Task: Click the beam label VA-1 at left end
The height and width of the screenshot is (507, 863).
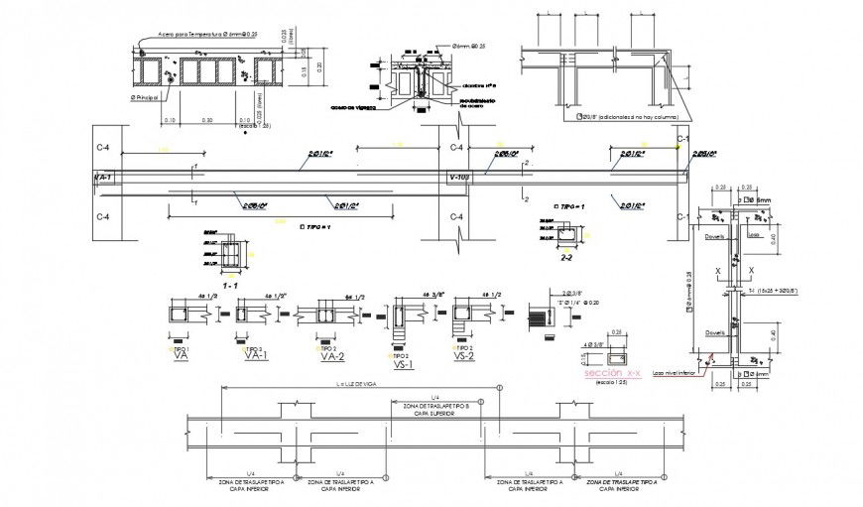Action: (x=103, y=178)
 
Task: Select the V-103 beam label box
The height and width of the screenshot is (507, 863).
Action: (x=458, y=178)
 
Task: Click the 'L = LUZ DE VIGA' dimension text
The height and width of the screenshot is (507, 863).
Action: (x=330, y=387)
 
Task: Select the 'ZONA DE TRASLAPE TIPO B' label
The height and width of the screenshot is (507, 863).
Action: (x=430, y=407)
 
